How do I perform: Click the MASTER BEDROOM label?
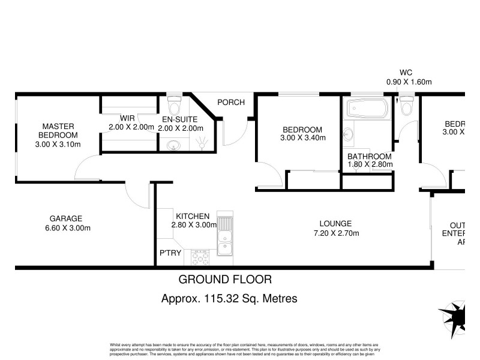pyautogui.click(x=58, y=135)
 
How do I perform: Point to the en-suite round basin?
pyautogui.click(x=174, y=145)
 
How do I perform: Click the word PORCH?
pyautogui.click(x=231, y=102)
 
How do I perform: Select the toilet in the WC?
pyautogui.click(x=406, y=106)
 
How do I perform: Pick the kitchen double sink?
pyautogui.click(x=224, y=237)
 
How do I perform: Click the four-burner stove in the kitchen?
pyautogui.click(x=200, y=258)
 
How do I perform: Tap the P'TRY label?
pyautogui.click(x=170, y=254)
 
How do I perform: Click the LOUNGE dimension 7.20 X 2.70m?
pyautogui.click(x=335, y=233)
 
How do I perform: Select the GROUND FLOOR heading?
pyautogui.click(x=225, y=279)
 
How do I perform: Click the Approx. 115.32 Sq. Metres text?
pyautogui.click(x=230, y=298)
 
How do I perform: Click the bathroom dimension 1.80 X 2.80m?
pyautogui.click(x=370, y=164)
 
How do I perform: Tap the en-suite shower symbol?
pyautogui.click(x=203, y=142)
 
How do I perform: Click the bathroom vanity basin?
pyautogui.click(x=349, y=133)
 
